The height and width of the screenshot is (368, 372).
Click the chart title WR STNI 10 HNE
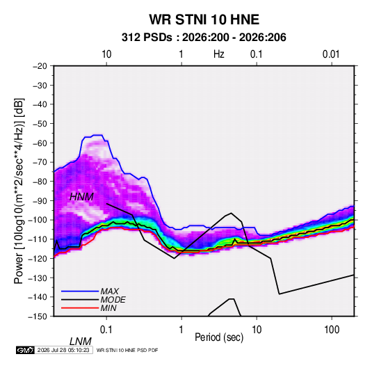tap(204, 19)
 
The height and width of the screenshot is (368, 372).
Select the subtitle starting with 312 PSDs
tap(204, 38)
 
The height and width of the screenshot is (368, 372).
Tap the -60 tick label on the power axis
tap(40, 143)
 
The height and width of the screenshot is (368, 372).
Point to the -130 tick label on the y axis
tap(38, 278)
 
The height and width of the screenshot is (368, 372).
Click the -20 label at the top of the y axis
tap(40, 66)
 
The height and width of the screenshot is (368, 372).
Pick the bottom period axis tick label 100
tap(332, 330)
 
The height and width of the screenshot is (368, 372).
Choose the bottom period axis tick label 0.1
tap(106, 330)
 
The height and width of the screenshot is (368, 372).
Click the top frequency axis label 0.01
tap(331, 54)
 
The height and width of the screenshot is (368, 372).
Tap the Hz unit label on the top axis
tap(219, 54)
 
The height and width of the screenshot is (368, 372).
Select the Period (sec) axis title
tap(219, 337)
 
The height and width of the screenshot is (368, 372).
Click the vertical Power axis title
tap(19, 191)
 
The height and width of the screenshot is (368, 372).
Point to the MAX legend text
tap(110, 291)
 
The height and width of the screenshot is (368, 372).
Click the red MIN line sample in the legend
tap(80, 308)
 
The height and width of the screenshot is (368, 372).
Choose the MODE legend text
tap(113, 300)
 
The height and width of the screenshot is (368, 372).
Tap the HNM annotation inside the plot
tap(81, 197)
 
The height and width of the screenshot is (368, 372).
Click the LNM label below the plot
tap(81, 342)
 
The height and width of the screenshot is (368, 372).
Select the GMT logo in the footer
tap(26, 350)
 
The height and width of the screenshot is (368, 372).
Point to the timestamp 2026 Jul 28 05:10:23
tap(63, 350)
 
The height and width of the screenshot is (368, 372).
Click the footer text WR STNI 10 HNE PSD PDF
tap(127, 350)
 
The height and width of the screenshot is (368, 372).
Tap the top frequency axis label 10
tap(106, 54)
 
